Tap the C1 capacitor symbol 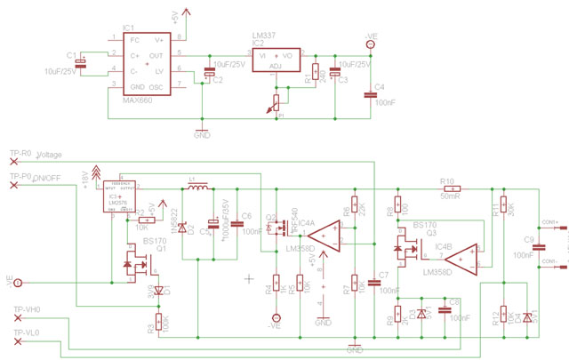pos(83,60)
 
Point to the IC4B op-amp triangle pos(462,259)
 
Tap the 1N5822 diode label pos(175,220)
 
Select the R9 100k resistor pos(159,321)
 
